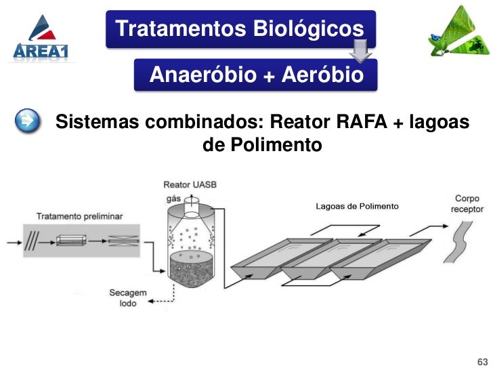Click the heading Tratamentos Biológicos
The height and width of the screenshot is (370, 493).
(240, 29)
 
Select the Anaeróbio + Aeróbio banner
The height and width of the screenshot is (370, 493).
(256, 75)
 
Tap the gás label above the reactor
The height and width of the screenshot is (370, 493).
(173, 199)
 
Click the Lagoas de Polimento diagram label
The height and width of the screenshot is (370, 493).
(357, 206)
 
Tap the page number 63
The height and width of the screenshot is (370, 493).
(482, 359)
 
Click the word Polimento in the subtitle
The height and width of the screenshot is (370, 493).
(261, 145)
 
